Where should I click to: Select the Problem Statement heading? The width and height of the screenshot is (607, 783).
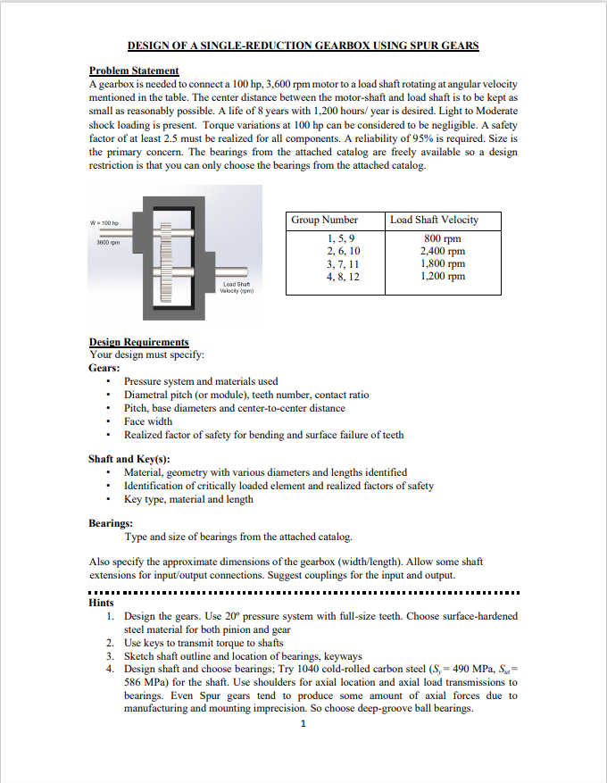click(134, 71)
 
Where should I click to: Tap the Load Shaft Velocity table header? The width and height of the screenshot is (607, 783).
click(435, 220)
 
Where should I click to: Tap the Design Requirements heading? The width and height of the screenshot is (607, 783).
click(138, 342)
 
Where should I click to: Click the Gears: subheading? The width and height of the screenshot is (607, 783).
click(104, 367)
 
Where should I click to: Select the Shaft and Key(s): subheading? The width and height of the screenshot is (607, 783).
click(129, 459)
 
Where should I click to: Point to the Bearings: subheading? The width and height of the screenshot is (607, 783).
click(112, 523)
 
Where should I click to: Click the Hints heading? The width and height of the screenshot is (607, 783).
click(101, 603)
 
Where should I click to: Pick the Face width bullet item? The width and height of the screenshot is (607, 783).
click(148, 421)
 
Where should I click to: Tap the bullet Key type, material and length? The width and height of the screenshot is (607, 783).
click(188, 498)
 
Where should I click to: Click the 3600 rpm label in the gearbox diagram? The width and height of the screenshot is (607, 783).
click(108, 242)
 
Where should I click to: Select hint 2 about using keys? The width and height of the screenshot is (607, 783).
click(204, 643)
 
